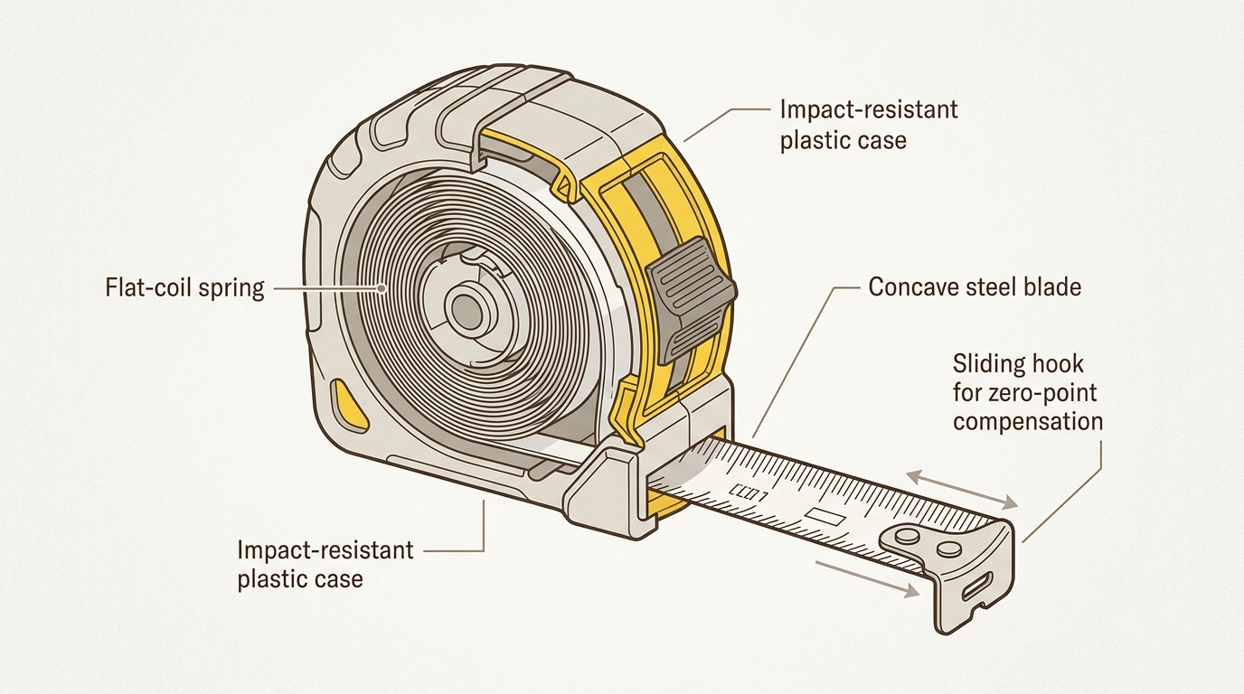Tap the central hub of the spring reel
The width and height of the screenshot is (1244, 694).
[467, 310]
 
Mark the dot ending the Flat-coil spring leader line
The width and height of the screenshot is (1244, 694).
[383, 289]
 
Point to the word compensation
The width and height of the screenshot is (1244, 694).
[1028, 422]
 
